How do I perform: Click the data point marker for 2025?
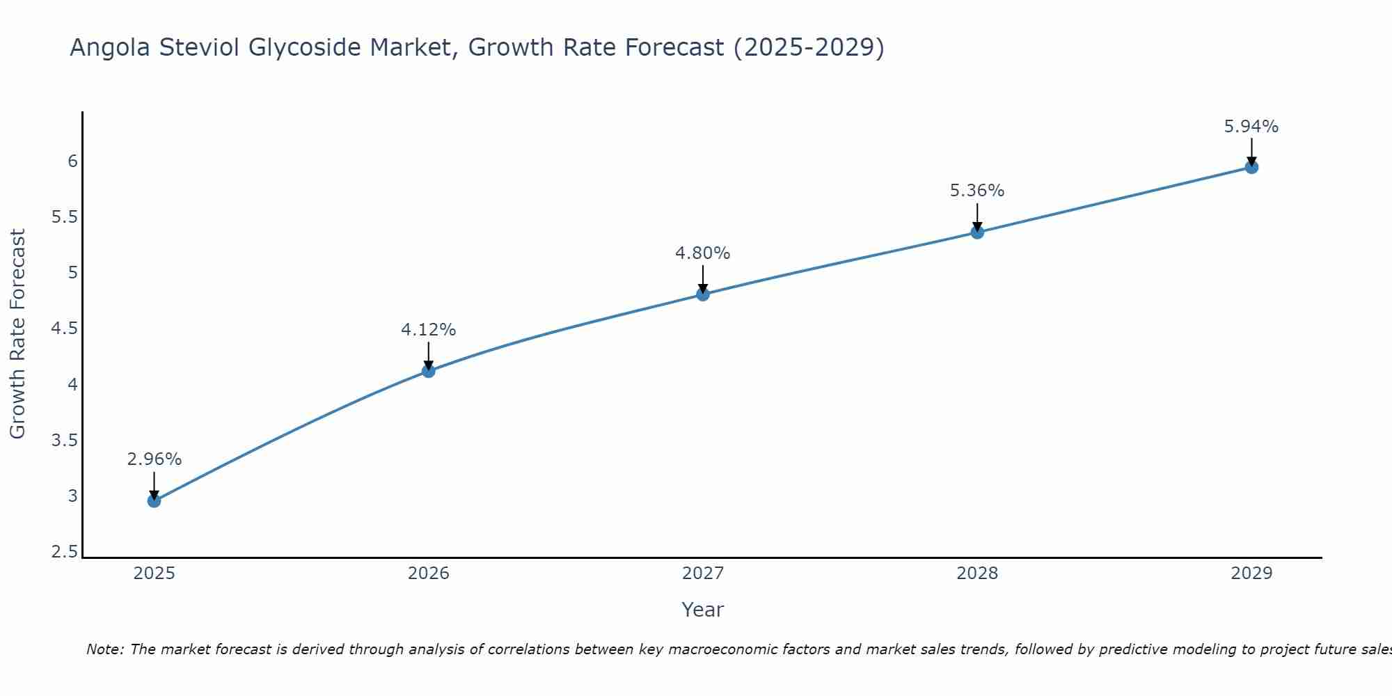pyautogui.click(x=154, y=500)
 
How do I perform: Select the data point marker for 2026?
pyautogui.click(x=428, y=371)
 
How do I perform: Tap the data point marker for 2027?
pyautogui.click(x=702, y=294)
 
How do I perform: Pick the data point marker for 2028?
pyautogui.click(x=977, y=232)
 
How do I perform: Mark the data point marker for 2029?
pyautogui.click(x=1251, y=167)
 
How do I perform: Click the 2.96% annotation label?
pyautogui.click(x=154, y=459)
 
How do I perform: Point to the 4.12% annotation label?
pyautogui.click(x=428, y=330)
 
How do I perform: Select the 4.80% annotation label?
pyautogui.click(x=702, y=253)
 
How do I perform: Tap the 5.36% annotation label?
pyautogui.click(x=977, y=191)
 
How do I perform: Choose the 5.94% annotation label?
pyautogui.click(x=1251, y=127)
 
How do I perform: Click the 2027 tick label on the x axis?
pyautogui.click(x=702, y=574)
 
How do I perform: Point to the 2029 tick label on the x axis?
pyautogui.click(x=1251, y=574)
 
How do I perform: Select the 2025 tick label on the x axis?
pyautogui.click(x=154, y=574)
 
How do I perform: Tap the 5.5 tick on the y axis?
pyautogui.click(x=64, y=217)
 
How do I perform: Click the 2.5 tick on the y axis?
pyautogui.click(x=64, y=553)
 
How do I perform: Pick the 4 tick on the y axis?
pyautogui.click(x=72, y=385)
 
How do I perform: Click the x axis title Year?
pyautogui.click(x=702, y=610)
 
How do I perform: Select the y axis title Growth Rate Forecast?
pyautogui.click(x=17, y=334)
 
